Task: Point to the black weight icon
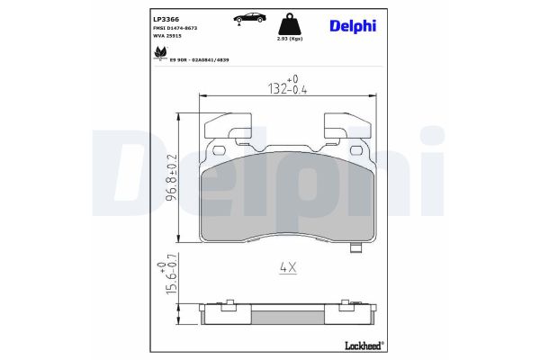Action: tap(291, 22)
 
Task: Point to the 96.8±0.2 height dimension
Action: tap(169, 183)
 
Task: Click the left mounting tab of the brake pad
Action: tap(229, 130)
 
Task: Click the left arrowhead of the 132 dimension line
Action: tap(202, 94)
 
